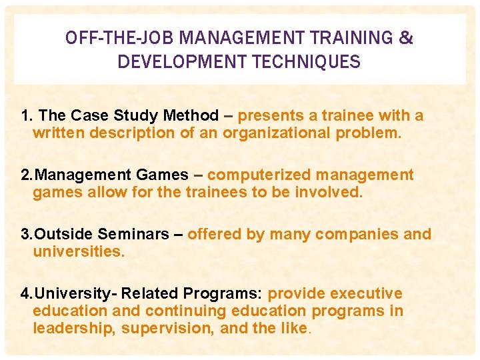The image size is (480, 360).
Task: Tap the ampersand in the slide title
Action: [x=405, y=38]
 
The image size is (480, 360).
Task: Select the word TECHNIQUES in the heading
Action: [x=308, y=62]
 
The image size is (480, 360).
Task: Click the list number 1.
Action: [x=26, y=116]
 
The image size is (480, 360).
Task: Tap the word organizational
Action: [x=276, y=133]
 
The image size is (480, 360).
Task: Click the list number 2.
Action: [x=26, y=175]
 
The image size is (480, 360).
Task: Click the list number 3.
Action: [x=26, y=235]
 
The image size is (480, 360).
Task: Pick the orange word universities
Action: [x=78, y=252]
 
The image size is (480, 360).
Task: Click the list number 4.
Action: [x=26, y=294]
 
